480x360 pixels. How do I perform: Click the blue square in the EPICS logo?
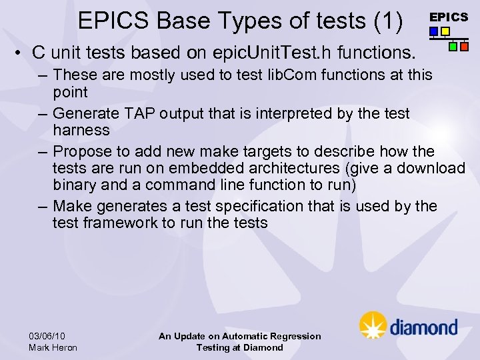pyautogui.click(x=433, y=31)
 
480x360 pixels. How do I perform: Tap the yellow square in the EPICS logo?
pyautogui.click(x=445, y=31)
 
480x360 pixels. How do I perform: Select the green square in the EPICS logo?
pyautogui.click(x=453, y=47)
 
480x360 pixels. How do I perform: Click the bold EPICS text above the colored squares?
pyautogui.click(x=448, y=17)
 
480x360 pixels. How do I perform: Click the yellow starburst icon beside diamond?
pyautogui.click(x=373, y=325)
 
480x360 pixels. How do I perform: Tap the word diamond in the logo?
pyautogui.click(x=423, y=327)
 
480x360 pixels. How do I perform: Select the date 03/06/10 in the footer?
pyautogui.click(x=47, y=336)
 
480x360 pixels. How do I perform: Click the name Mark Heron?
pyautogui.click(x=53, y=347)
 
